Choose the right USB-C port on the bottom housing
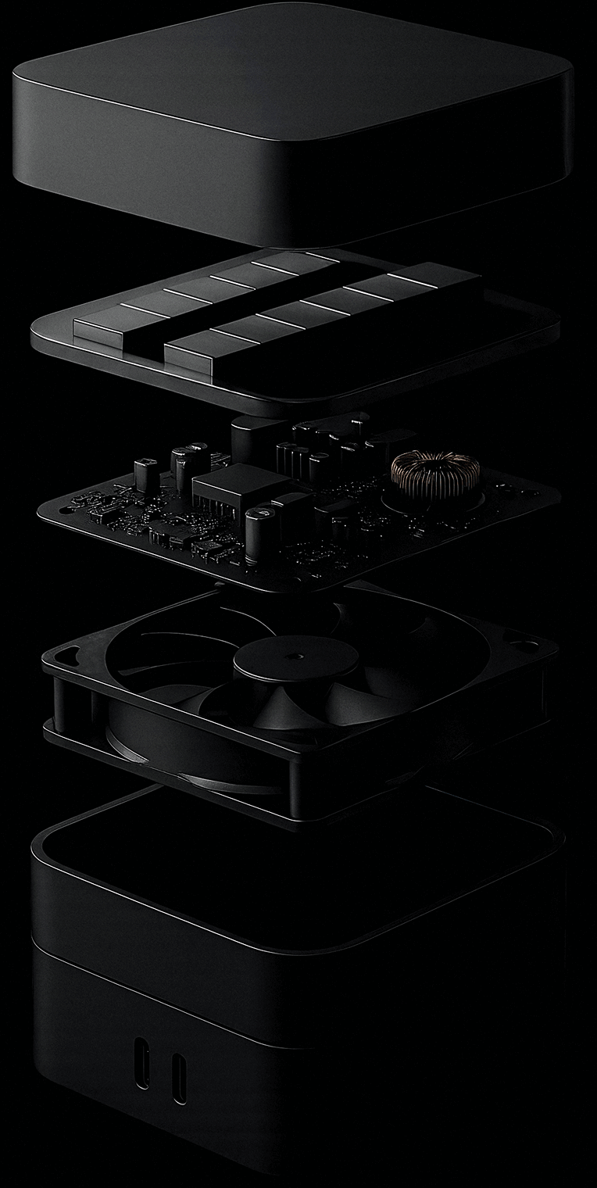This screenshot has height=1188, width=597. point(179,1077)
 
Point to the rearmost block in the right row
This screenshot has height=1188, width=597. point(438,274)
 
